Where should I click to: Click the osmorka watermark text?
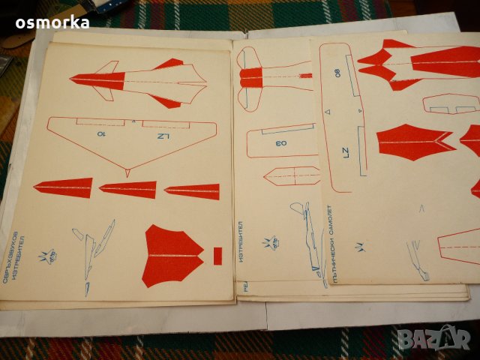coord(52,22)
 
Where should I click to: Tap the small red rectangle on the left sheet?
coord(217,256)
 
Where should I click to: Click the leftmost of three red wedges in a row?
coord(63,187)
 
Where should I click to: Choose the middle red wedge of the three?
coord(128,190)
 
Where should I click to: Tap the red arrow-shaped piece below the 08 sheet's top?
coord(414,141)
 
